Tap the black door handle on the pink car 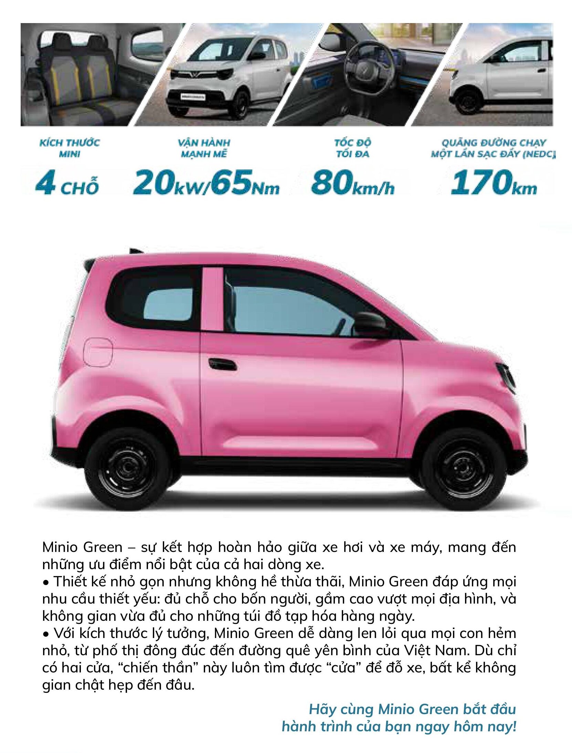pos(222,364)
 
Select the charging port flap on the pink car pos(98,352)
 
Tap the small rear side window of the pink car pos(168,304)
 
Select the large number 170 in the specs pos(481,182)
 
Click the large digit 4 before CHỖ pos(45,183)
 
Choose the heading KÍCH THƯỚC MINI pos(70,148)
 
